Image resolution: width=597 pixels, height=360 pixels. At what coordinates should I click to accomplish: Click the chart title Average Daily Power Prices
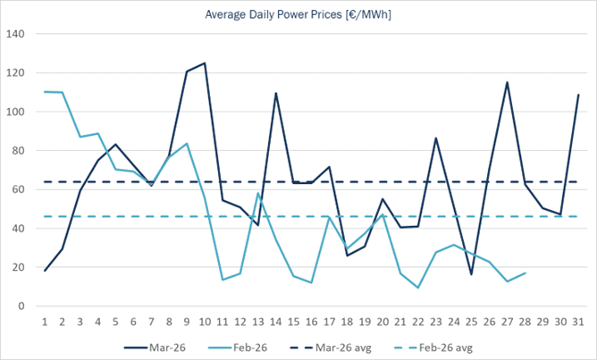tap(298, 14)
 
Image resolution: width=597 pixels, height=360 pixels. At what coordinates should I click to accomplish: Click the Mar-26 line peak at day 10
tap(205, 63)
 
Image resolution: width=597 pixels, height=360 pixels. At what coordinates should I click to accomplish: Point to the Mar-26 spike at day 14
tap(276, 93)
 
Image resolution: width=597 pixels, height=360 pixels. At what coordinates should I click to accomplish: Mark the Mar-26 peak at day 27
tap(507, 82)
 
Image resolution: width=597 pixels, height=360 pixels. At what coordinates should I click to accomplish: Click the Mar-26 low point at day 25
tap(472, 274)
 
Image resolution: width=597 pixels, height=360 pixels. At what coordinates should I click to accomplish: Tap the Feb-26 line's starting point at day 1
tap(45, 92)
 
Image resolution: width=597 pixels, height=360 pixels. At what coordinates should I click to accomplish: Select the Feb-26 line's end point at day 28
tap(525, 273)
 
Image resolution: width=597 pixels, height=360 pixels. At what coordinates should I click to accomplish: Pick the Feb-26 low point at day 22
tap(418, 288)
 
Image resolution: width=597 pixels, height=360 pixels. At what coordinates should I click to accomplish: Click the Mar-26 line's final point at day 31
tap(578, 95)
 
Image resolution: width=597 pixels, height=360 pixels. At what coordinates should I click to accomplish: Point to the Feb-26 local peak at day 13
tap(258, 193)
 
